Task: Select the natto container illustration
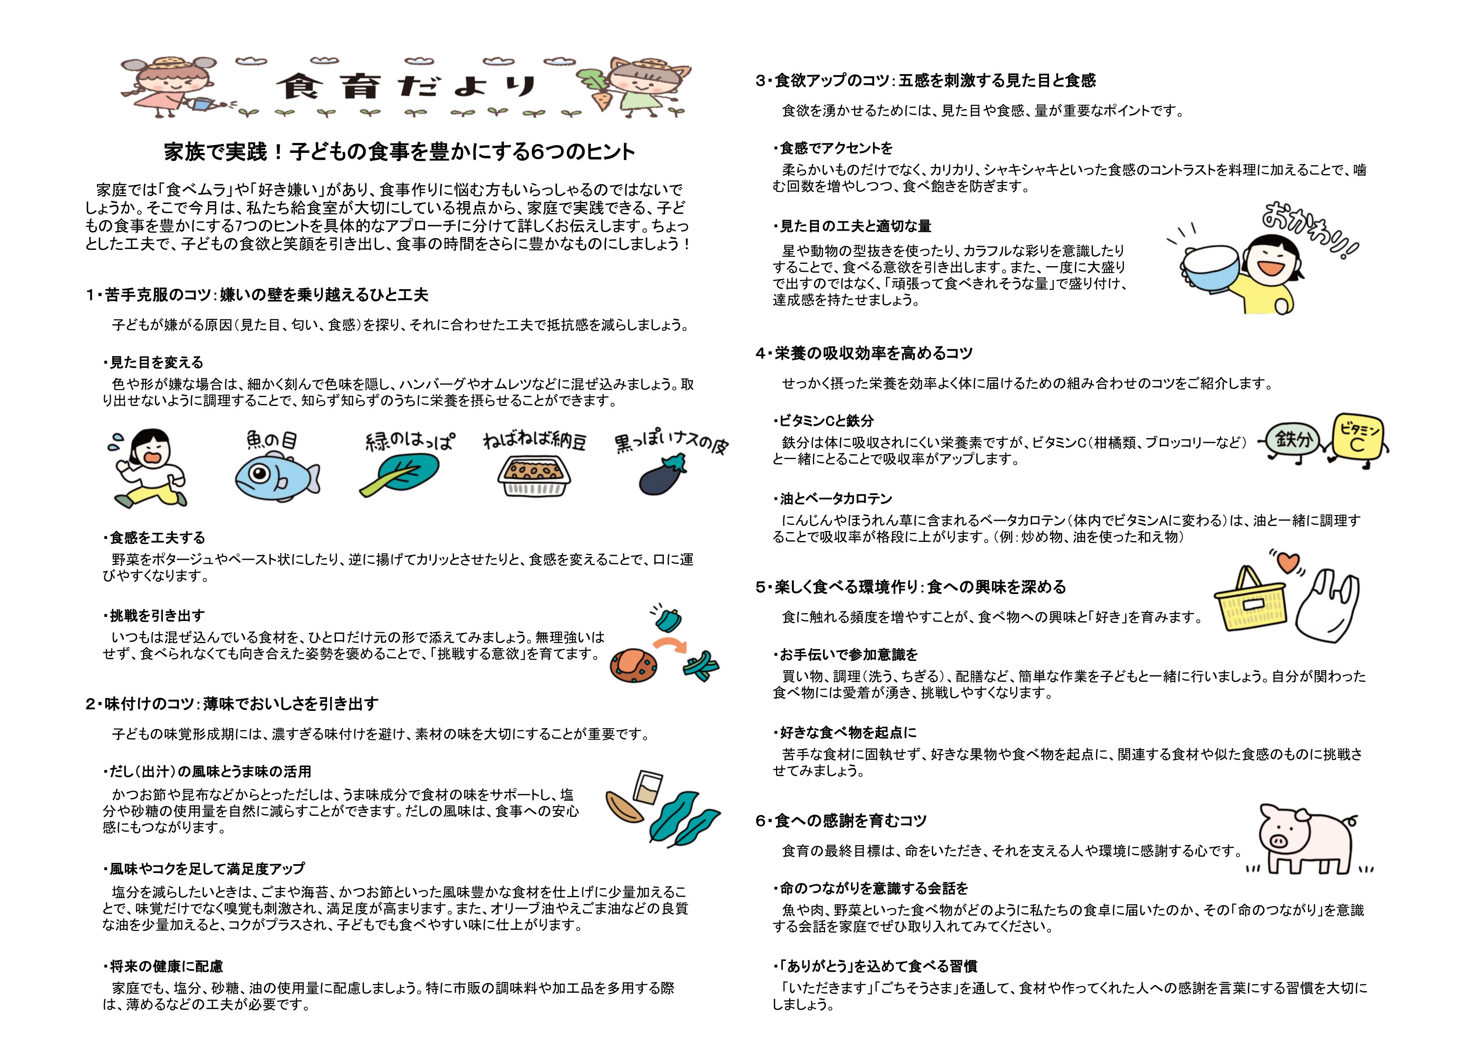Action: pos(534,476)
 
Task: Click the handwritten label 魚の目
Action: pos(272,441)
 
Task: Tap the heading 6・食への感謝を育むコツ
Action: pos(841,821)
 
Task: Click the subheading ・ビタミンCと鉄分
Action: pos(823,421)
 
